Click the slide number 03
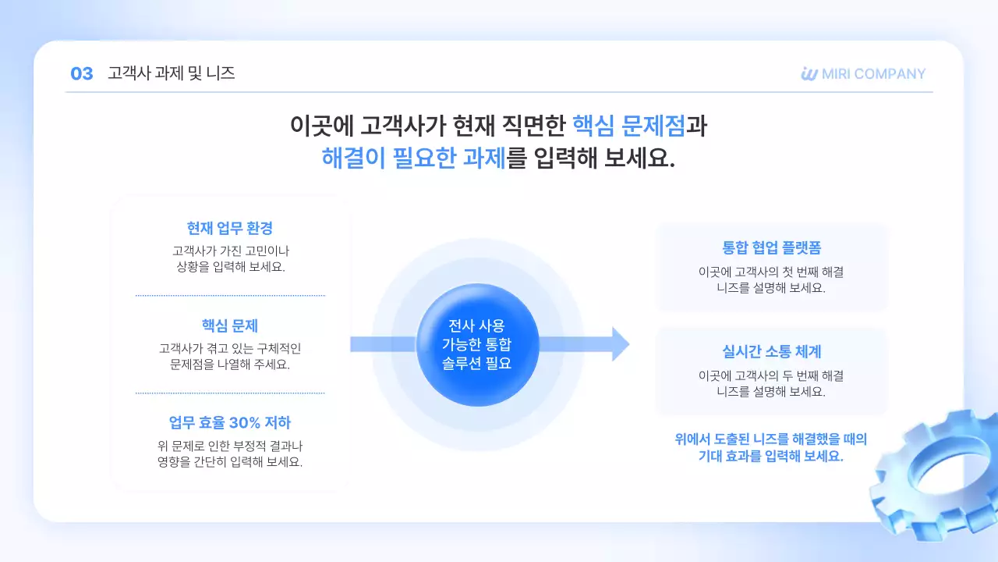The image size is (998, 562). [81, 74]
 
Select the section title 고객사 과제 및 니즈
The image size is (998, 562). [172, 74]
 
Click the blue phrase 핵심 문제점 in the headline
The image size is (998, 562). [628, 125]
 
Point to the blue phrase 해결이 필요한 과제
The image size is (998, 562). [413, 158]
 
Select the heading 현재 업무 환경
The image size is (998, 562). [230, 228]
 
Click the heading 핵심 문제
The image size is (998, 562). [230, 325]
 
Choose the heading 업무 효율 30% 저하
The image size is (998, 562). [230, 423]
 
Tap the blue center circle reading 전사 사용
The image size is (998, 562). [477, 344]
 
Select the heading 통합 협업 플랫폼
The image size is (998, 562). [771, 249]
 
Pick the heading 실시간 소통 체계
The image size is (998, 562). [771, 352]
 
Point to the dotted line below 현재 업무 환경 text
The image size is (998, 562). [230, 296]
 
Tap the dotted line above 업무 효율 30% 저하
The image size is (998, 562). [230, 393]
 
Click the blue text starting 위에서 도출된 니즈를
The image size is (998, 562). [771, 448]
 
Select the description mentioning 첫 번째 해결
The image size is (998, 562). [771, 279]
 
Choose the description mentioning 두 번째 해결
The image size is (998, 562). [771, 383]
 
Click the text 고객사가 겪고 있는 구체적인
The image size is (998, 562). [230, 348]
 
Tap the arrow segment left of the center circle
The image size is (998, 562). [382, 344]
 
